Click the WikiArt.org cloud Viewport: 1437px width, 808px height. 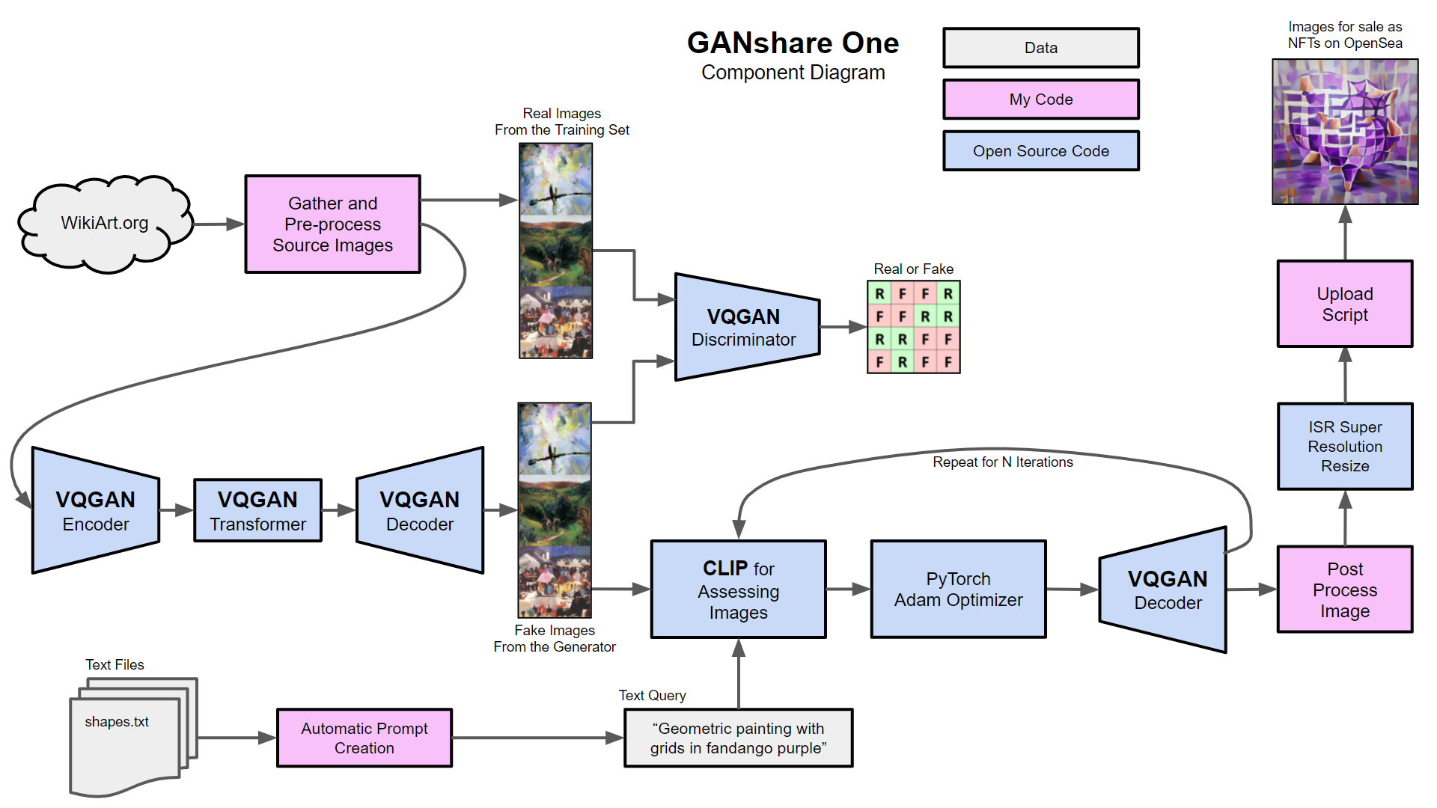pyautogui.click(x=105, y=223)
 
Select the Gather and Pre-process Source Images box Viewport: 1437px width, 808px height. pyautogui.click(x=332, y=224)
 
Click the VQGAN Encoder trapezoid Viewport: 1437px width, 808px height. pyautogui.click(x=96, y=511)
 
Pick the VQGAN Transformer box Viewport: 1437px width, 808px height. pyautogui.click(x=257, y=511)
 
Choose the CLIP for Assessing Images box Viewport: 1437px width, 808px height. pyautogui.click(x=738, y=590)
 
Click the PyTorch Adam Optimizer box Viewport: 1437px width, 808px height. pyautogui.click(x=958, y=590)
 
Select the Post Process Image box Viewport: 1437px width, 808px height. pyautogui.click(x=1344, y=590)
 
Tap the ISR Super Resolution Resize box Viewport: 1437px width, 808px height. pyautogui.click(x=1344, y=447)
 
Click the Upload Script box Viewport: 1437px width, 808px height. pyautogui.click(x=1344, y=304)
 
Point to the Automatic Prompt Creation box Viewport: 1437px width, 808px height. pyautogui.click(x=364, y=738)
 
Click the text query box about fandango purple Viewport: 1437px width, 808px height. pyautogui.click(x=738, y=738)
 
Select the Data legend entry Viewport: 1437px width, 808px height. pyautogui.click(x=1040, y=48)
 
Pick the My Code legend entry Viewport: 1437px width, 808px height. pyautogui.click(x=1040, y=100)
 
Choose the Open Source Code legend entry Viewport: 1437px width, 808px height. pyautogui.click(x=1040, y=151)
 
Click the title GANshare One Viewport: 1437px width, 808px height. pyautogui.click(x=793, y=43)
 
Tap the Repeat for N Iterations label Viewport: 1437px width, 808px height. pyautogui.click(x=1002, y=462)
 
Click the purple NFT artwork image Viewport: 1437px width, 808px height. pyautogui.click(x=1345, y=132)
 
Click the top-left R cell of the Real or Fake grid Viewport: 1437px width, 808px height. pyautogui.click(x=879, y=294)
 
